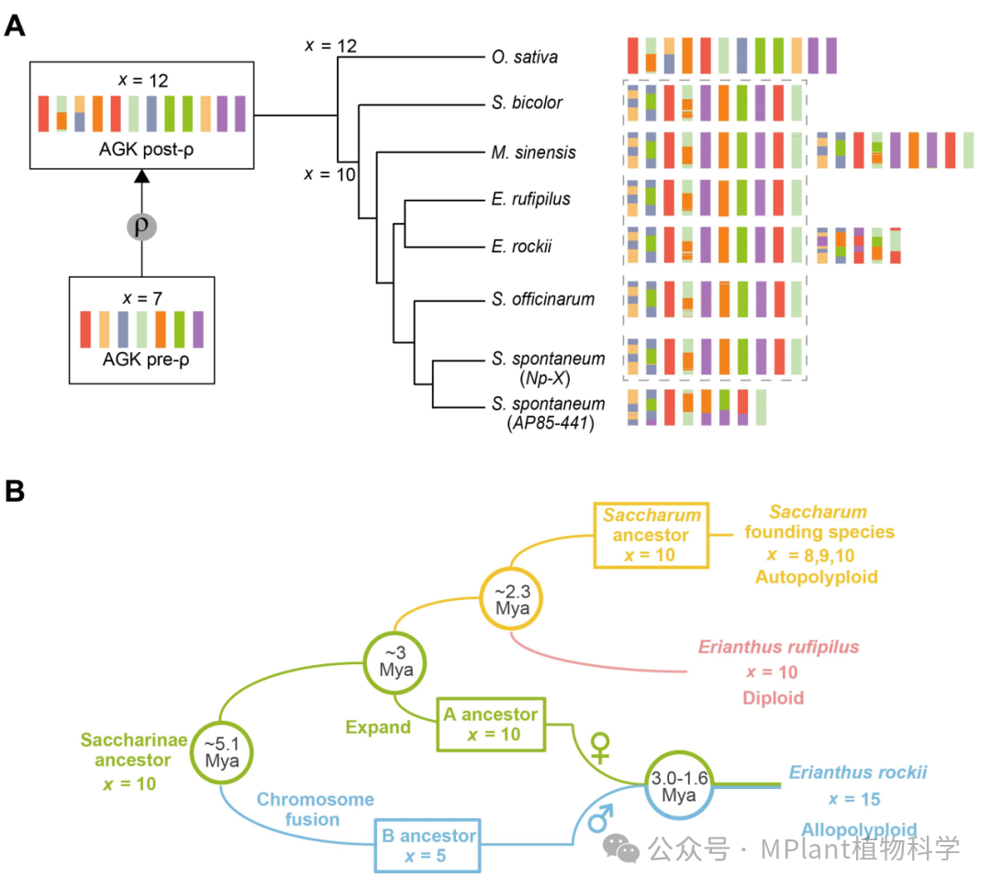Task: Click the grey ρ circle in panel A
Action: tap(140, 225)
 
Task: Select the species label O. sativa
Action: tap(524, 57)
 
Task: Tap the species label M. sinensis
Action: tap(533, 152)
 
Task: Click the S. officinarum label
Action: tap(542, 299)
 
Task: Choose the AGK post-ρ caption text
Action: tap(140, 150)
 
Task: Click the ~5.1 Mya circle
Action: tap(222, 753)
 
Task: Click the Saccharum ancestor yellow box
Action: tap(651, 535)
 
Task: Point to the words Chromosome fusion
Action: tap(316, 809)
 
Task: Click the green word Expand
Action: tap(378, 727)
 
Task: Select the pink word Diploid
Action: tap(773, 698)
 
